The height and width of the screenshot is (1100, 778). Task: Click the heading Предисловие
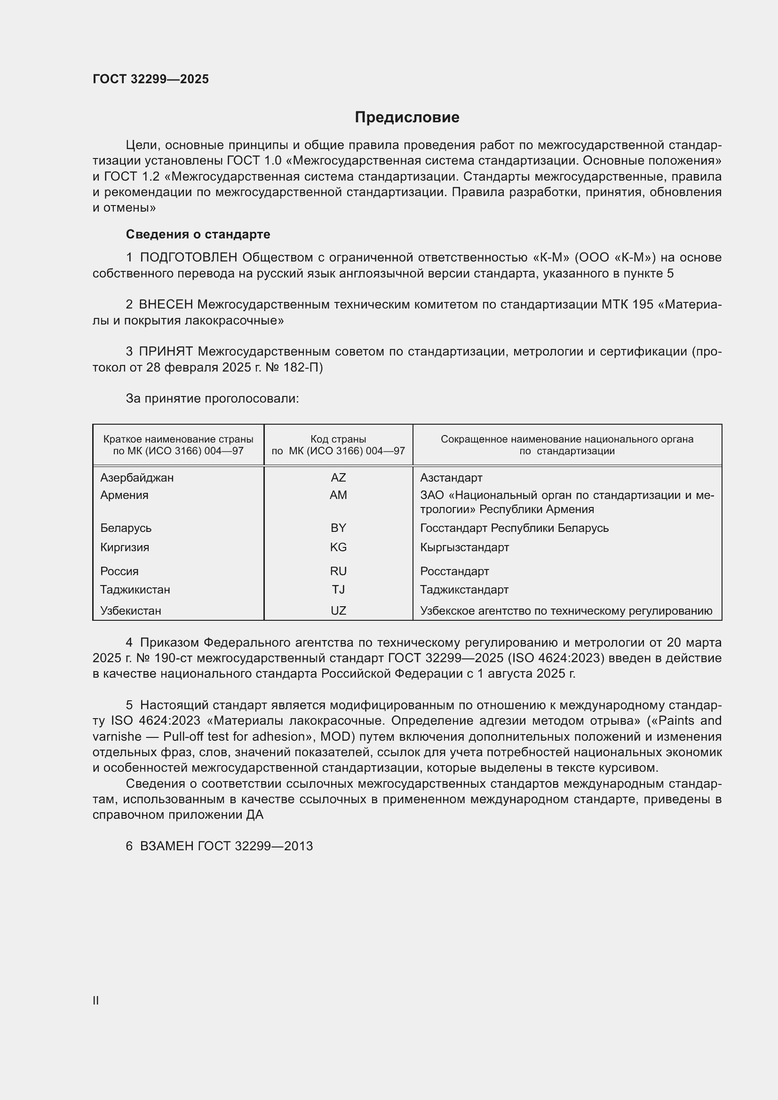coord(407,118)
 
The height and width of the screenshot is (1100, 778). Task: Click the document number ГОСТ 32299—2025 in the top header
coord(151,79)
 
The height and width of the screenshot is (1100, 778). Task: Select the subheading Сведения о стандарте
coord(198,234)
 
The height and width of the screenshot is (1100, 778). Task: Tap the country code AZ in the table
coord(338,478)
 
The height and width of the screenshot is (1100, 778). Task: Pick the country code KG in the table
coord(338,547)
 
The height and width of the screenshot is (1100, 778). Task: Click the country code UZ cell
coord(338,611)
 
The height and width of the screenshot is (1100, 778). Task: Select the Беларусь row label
coord(126,528)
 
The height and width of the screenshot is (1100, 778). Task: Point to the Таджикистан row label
coord(135,590)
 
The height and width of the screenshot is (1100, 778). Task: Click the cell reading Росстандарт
coord(454,571)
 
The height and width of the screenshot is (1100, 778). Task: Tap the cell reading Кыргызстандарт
coord(464,547)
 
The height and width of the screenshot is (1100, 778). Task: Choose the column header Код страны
coord(338,439)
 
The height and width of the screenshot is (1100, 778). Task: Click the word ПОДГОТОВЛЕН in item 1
coord(189,258)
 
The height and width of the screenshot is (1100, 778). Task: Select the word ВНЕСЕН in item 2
coord(166,305)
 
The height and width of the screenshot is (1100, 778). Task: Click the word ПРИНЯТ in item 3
coord(166,352)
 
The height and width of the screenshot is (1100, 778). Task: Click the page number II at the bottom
coord(96,1001)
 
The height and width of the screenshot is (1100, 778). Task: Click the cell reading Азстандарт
coord(451,478)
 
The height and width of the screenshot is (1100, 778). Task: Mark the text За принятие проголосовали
coord(212,399)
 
